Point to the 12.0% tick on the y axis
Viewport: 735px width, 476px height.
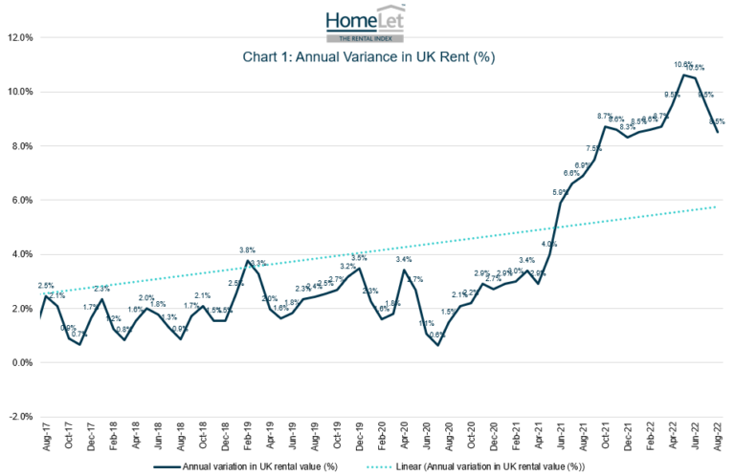coord(20,38)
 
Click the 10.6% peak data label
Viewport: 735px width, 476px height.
coord(682,65)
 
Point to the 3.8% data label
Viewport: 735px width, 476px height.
coord(247,250)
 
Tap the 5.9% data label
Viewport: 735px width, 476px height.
coord(561,192)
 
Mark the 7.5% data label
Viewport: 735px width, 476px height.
coord(594,149)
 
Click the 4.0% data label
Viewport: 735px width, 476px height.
coord(548,244)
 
